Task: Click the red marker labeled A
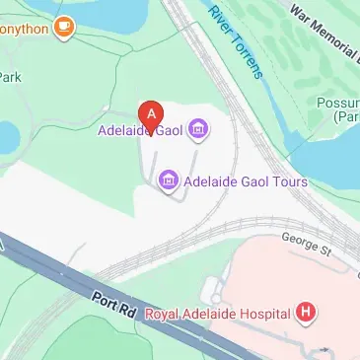(x=150, y=114)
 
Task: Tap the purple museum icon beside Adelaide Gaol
(x=198, y=128)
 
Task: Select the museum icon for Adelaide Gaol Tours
(x=167, y=180)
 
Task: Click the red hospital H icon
(x=307, y=314)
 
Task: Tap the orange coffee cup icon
(x=65, y=27)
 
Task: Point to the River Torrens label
(x=234, y=40)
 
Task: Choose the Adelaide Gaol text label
(x=141, y=129)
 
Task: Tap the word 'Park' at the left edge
(x=9, y=76)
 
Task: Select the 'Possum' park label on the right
(x=337, y=103)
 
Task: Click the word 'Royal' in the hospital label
(x=163, y=315)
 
